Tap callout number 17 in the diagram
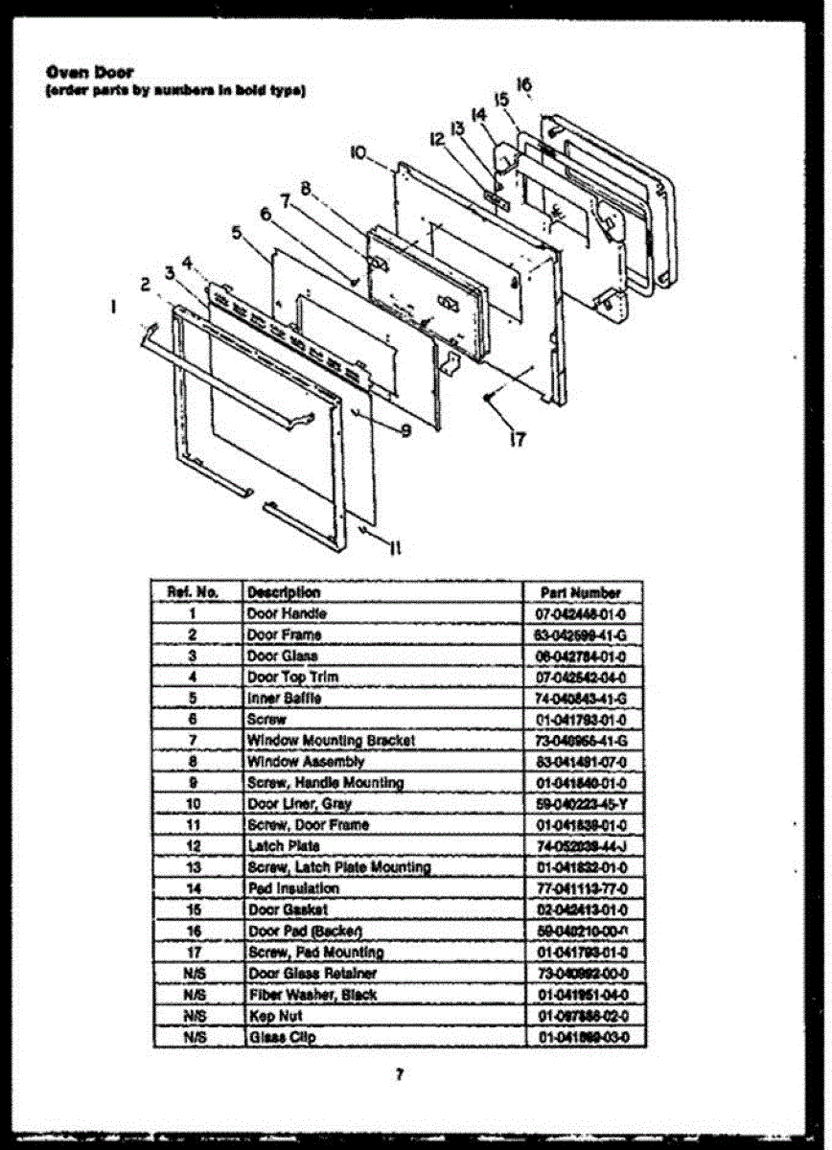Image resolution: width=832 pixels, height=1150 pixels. pyautogui.click(x=518, y=440)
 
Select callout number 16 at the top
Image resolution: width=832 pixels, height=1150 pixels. pyautogui.click(x=523, y=85)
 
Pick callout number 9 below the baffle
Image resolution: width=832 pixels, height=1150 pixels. pyautogui.click(x=405, y=431)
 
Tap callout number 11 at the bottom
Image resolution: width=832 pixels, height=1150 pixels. pyautogui.click(x=394, y=548)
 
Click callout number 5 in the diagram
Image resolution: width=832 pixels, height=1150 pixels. pyautogui.click(x=236, y=231)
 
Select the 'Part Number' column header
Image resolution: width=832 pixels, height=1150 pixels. pyautogui.click(x=581, y=593)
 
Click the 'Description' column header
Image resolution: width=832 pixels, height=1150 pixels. pyautogui.click(x=284, y=593)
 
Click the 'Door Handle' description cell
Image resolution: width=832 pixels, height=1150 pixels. pyautogui.click(x=287, y=613)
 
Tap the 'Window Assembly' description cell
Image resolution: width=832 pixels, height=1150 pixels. pyautogui.click(x=306, y=762)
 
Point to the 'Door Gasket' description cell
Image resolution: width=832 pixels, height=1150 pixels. pyautogui.click(x=288, y=909)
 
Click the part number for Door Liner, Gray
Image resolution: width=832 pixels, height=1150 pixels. pyautogui.click(x=582, y=804)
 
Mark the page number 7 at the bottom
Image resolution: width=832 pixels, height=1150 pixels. pyautogui.click(x=399, y=1074)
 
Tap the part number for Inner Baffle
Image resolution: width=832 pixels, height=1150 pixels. pyautogui.click(x=582, y=699)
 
